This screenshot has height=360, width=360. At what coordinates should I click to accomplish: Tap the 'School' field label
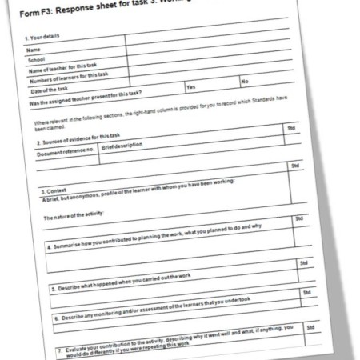(37, 59)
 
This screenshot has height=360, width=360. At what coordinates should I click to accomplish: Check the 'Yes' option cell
(191, 87)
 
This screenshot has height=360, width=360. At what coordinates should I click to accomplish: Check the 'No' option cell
(245, 82)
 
